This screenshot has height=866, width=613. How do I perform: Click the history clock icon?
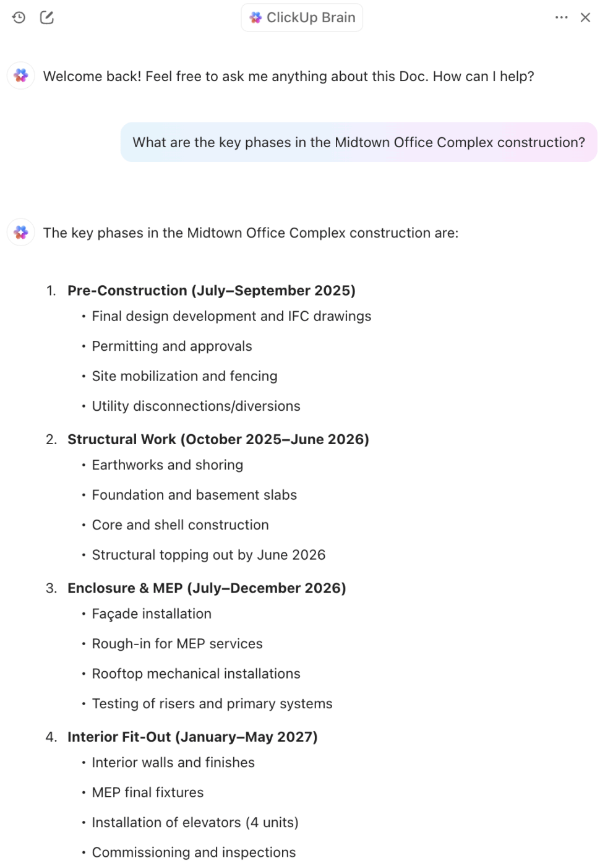(x=19, y=17)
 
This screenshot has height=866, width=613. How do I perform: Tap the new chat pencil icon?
(x=47, y=17)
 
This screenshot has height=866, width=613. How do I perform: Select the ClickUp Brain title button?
(x=302, y=17)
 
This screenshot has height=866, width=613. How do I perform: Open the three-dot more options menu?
(x=561, y=17)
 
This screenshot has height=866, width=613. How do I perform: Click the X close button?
(x=585, y=17)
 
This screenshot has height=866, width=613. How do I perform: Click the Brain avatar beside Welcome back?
(x=21, y=75)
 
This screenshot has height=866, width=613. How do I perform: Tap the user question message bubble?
(x=359, y=142)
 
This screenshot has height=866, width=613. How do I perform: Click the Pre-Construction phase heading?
(x=212, y=291)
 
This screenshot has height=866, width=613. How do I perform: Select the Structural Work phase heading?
(x=218, y=439)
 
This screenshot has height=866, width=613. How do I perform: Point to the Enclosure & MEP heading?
(x=207, y=588)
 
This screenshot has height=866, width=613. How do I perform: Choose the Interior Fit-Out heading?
(x=192, y=737)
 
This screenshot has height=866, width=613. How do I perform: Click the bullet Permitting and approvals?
(x=172, y=346)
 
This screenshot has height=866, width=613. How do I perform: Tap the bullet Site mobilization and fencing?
(x=184, y=376)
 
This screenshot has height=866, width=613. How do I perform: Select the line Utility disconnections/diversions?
(x=196, y=406)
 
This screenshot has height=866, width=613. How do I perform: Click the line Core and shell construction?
(x=180, y=525)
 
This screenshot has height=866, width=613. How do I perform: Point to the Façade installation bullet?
(x=152, y=614)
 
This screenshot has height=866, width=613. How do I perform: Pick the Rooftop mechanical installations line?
(x=196, y=674)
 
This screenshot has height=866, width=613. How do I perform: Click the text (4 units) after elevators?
(x=272, y=822)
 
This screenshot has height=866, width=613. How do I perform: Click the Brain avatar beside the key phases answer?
(x=21, y=232)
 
